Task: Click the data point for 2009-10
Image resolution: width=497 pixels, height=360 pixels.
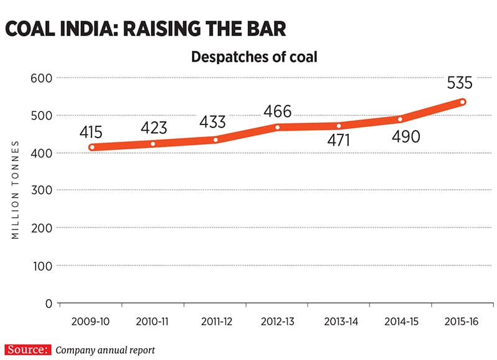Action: click(x=91, y=147)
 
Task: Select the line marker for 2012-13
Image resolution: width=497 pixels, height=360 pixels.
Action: click(x=277, y=127)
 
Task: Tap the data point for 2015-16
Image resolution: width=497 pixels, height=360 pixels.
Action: click(x=463, y=102)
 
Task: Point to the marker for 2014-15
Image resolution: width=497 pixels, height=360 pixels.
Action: click(x=400, y=119)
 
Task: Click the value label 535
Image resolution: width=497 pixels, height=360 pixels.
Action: click(x=459, y=83)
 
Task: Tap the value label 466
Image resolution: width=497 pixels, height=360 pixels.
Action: click(x=278, y=112)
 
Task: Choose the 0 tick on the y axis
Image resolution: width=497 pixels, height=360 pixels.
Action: click(x=47, y=303)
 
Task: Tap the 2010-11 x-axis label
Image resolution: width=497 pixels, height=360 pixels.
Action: click(x=153, y=322)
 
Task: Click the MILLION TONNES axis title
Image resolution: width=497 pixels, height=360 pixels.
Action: click(x=16, y=190)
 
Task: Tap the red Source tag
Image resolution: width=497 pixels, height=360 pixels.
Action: click(x=27, y=349)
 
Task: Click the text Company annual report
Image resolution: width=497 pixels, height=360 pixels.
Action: click(x=105, y=350)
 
